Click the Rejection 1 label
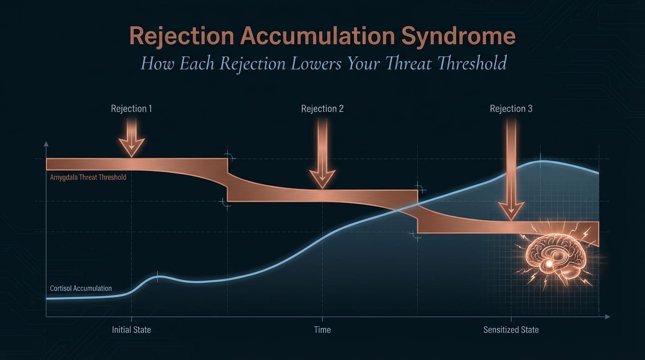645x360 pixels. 131,109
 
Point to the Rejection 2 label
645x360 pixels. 322,109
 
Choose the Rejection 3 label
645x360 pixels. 511,109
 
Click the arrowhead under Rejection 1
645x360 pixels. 131,147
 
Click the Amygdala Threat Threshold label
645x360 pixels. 88,178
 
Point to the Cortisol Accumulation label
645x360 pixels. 81,288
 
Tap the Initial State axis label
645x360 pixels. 131,330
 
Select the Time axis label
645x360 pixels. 322,330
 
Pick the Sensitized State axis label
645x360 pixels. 511,330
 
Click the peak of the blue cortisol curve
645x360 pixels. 541,161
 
